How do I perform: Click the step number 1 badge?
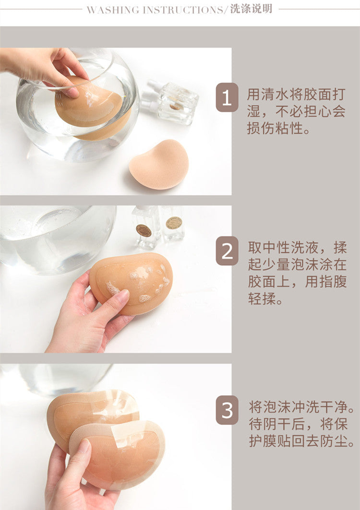pyautogui.click(x=227, y=97)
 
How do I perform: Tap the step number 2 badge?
pyautogui.click(x=227, y=251)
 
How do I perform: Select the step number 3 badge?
pyautogui.click(x=227, y=410)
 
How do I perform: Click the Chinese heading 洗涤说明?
pyautogui.click(x=251, y=9)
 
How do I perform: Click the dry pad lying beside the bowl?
pyautogui.click(x=159, y=165)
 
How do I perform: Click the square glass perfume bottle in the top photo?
pyautogui.click(x=178, y=103)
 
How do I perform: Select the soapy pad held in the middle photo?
pyautogui.click(x=131, y=284)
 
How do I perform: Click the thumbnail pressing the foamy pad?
pyautogui.click(x=122, y=296)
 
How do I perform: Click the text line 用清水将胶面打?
pyautogui.click(x=296, y=95)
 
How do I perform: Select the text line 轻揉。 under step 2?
pyautogui.click(x=265, y=298)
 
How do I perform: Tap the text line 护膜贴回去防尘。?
pyautogui.click(x=301, y=441)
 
